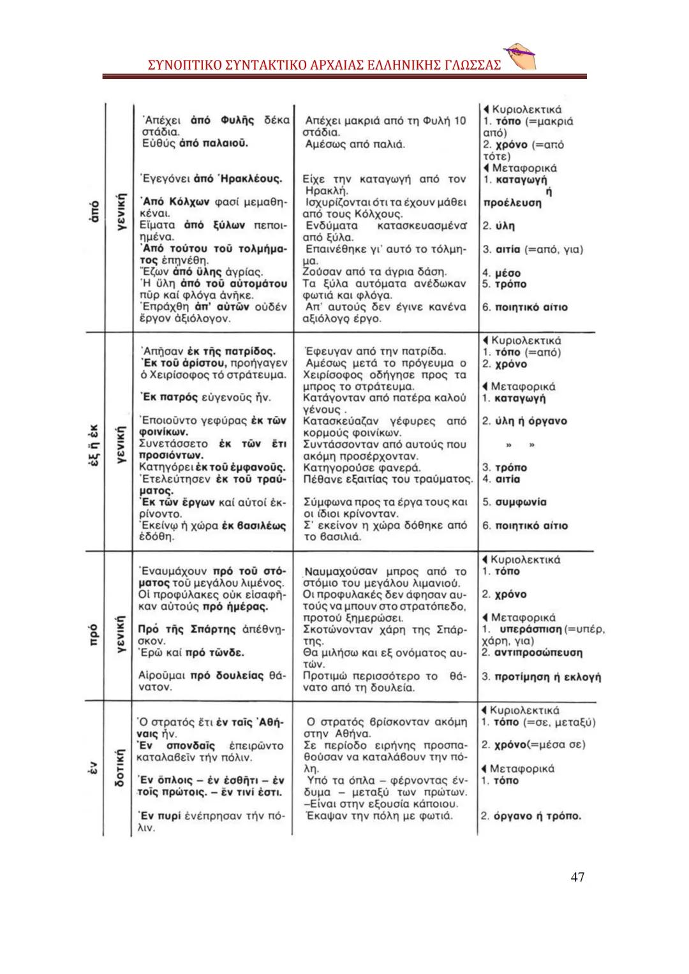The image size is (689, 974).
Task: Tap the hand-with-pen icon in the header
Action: coord(519,57)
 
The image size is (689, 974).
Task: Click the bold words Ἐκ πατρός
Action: coord(167,397)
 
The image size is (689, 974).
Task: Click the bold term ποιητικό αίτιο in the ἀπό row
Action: coord(531,307)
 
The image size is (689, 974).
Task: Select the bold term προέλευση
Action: coord(512,203)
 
